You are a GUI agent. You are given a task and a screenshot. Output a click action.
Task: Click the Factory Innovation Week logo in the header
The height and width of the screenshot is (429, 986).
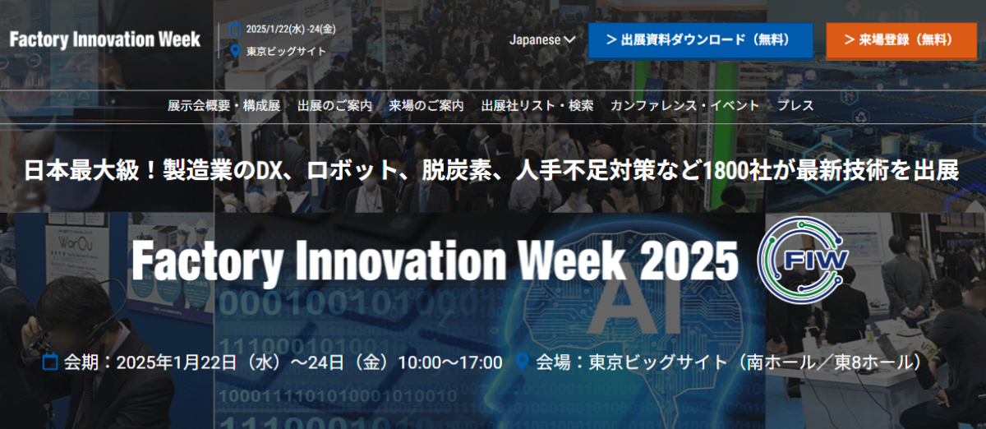click(105, 39)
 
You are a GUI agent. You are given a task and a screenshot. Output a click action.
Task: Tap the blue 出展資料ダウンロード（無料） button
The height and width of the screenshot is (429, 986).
click(700, 40)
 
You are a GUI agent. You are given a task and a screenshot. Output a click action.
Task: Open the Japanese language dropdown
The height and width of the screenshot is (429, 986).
click(542, 40)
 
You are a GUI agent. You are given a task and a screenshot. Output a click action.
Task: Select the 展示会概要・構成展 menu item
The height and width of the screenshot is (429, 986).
click(223, 106)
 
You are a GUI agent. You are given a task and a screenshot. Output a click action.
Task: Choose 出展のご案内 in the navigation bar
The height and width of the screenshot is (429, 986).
click(335, 106)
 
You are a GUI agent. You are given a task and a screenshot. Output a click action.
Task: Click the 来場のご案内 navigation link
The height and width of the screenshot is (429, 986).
click(426, 106)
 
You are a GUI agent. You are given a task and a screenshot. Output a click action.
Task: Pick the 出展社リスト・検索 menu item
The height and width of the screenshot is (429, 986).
click(537, 106)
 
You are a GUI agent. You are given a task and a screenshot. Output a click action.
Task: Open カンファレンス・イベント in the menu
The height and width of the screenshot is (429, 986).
click(684, 106)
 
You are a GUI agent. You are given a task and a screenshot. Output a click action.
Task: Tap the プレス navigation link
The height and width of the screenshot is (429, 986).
click(795, 106)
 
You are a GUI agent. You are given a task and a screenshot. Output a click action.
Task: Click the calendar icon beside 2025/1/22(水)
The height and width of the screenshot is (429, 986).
click(236, 30)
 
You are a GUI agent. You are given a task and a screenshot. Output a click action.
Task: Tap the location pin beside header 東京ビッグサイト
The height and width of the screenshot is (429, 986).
click(236, 51)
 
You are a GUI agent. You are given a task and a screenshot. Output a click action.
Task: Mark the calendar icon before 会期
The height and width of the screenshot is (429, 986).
click(50, 362)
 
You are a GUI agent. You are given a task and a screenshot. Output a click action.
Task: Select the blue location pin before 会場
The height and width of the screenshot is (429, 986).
click(522, 361)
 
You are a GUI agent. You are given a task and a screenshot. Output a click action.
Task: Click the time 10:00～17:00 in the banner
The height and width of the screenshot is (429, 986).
click(450, 362)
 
